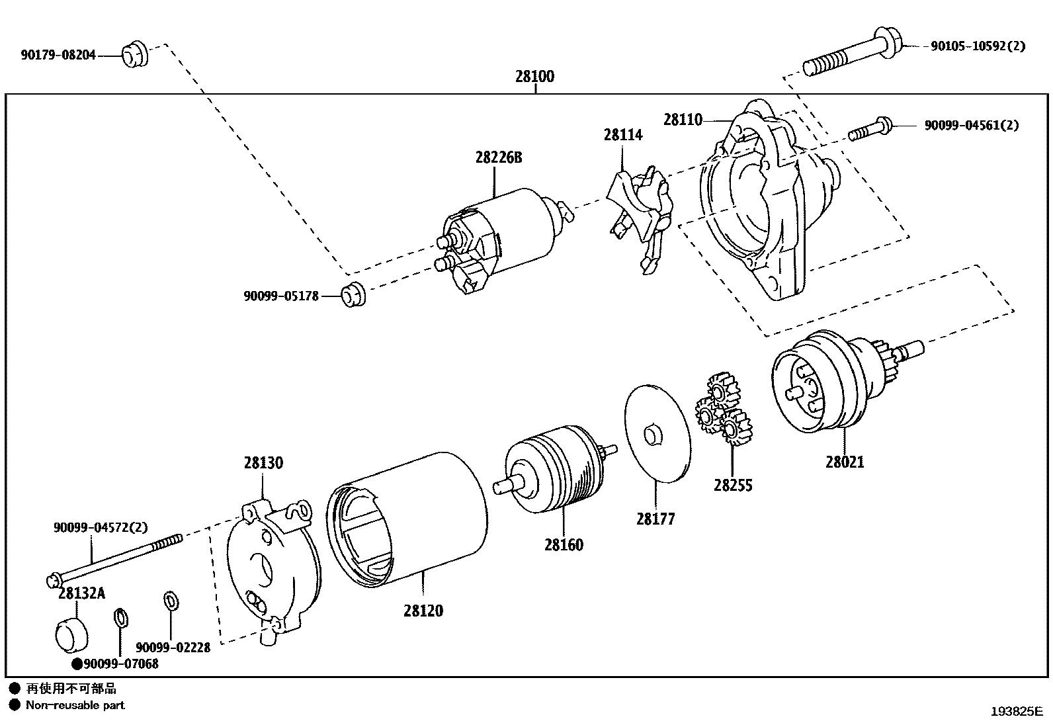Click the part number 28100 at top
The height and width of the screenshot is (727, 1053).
534,76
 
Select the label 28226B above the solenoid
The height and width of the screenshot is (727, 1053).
498,157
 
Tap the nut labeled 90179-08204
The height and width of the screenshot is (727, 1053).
135,55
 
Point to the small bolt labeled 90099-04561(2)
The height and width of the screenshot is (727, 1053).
870,128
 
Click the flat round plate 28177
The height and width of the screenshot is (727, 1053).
657,433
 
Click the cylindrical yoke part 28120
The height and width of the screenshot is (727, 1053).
407,519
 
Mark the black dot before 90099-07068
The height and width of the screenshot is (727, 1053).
77,663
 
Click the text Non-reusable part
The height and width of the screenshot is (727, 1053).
75,705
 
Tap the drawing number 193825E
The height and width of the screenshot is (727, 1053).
1016,712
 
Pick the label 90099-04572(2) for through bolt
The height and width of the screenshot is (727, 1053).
101,527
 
